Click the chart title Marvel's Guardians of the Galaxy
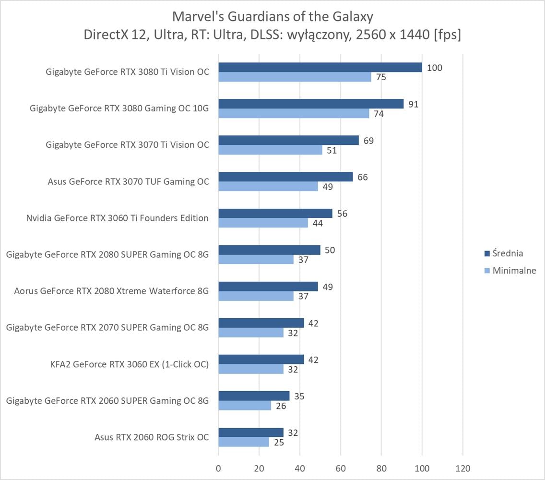272,17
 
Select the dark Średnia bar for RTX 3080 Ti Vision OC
320,68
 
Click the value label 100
434,68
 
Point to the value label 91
413,104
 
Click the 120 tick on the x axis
462,468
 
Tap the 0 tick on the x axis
218,468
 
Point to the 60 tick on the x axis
341,468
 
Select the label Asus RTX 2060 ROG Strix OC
152,437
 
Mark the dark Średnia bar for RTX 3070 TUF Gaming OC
285,177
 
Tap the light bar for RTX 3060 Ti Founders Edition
263,223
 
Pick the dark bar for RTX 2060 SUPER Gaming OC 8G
254,396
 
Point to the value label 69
368,141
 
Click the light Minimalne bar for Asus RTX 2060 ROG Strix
244,442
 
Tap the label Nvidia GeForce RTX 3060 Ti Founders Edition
118,218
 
